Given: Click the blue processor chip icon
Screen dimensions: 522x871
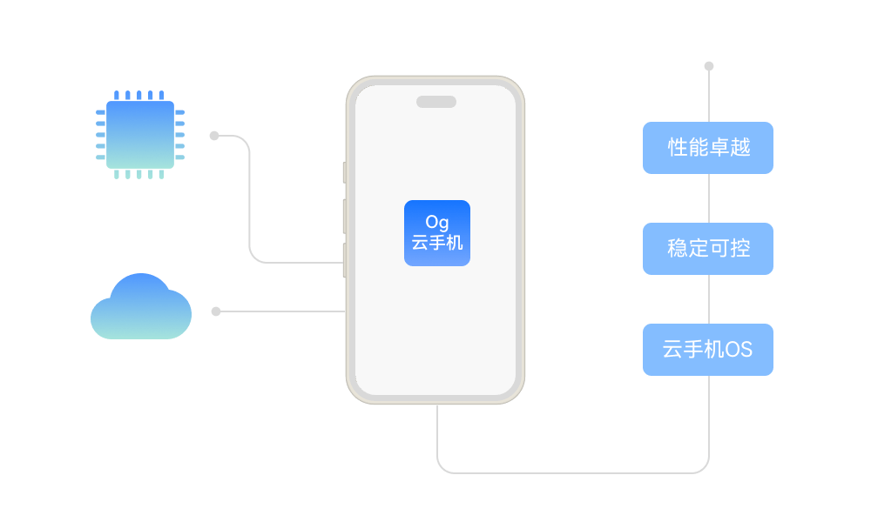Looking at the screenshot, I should click(140, 135).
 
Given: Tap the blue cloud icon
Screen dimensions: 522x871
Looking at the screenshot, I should click(140, 309).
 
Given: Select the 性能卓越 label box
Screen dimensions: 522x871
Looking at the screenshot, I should click(707, 148).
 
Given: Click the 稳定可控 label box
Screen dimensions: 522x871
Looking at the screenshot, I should click(707, 249).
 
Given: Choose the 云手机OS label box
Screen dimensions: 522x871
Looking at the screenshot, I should click(707, 350).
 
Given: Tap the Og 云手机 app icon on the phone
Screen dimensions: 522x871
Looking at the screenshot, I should click(436, 233).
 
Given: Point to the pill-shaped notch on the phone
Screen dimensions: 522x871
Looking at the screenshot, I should click(435, 102).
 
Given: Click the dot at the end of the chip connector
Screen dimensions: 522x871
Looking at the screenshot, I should click(214, 136).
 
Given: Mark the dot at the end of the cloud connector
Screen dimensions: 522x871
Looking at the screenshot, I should click(216, 311).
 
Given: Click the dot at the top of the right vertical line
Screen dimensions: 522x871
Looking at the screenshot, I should click(709, 66).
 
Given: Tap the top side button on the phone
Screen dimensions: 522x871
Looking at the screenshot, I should click(344, 172).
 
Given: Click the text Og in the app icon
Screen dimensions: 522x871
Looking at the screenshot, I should click(436, 223).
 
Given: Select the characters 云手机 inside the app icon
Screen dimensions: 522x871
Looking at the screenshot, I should click(436, 244).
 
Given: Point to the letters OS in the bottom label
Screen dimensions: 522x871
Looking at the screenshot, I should click(739, 351).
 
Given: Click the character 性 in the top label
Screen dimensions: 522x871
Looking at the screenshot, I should click(677, 148).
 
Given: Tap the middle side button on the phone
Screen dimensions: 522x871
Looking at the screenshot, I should click(344, 216).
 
